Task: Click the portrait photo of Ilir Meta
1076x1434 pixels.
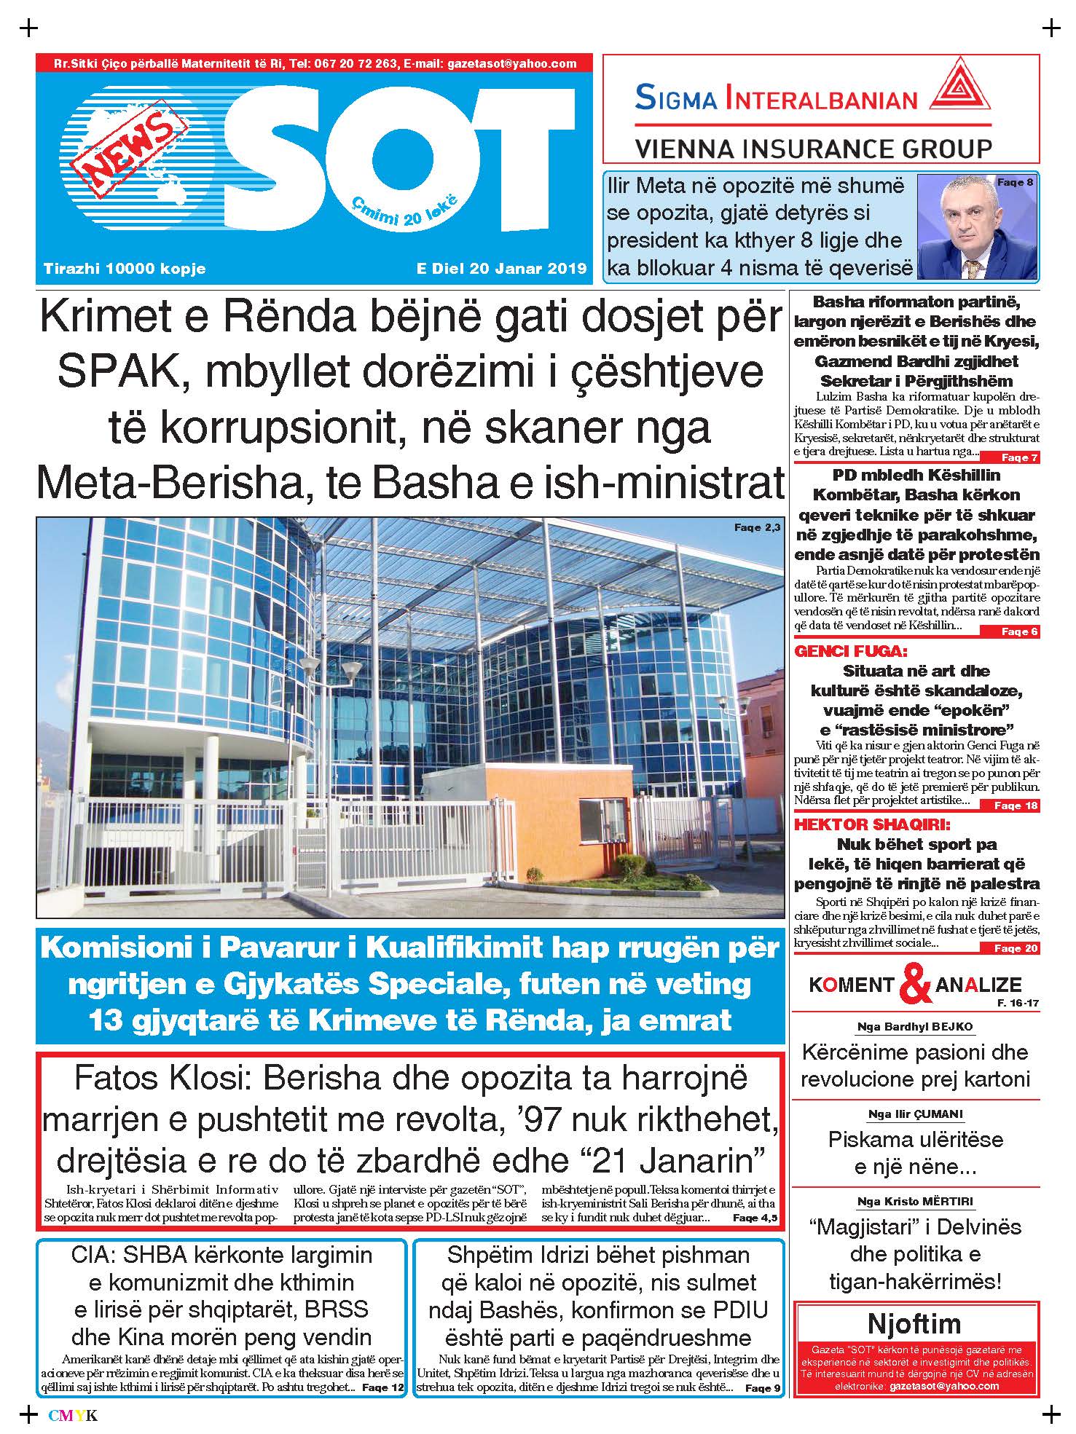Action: click(x=976, y=226)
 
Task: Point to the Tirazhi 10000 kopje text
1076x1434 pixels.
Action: click(x=125, y=269)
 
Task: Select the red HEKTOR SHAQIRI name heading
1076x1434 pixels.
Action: click(x=872, y=825)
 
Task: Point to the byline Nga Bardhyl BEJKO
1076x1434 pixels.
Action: click(x=915, y=1026)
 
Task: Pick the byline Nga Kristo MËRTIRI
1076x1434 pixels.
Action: click(x=915, y=1201)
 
